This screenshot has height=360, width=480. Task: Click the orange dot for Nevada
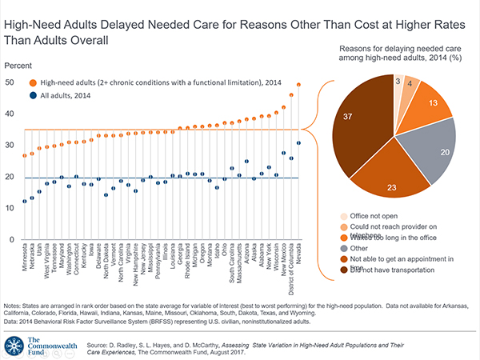(298, 85)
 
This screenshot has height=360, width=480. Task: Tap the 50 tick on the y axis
(9, 82)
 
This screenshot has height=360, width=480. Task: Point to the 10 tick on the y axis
(9, 208)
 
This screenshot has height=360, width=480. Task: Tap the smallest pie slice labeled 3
(398, 82)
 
